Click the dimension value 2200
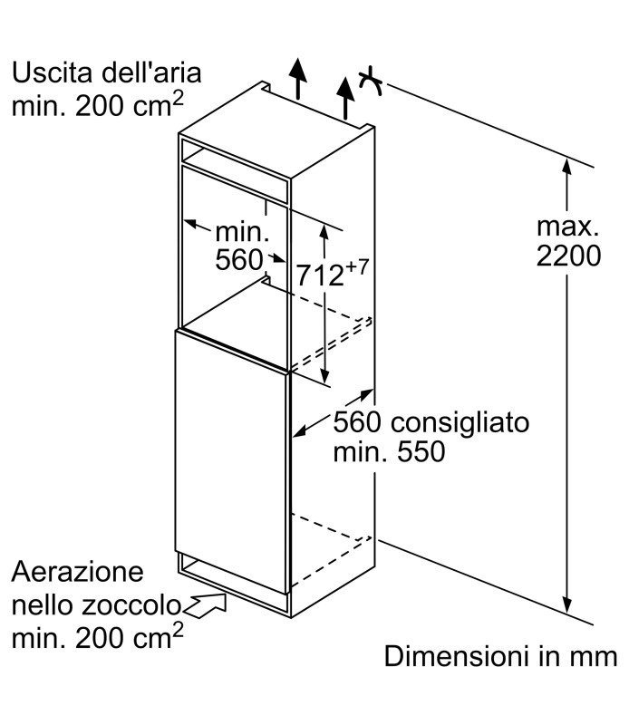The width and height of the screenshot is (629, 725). pos(568,256)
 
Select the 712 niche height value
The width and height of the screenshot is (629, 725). pos(320,275)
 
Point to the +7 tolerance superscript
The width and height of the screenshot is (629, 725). pos(356,266)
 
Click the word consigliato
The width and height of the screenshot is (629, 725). pos(460,422)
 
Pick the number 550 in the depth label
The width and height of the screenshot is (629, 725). pos(421,451)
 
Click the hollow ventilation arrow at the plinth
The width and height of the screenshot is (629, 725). pos(205,605)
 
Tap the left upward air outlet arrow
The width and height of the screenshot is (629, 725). pos(298,79)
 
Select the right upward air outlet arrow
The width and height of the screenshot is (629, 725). pos(345,98)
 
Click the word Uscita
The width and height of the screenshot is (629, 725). pos(52,73)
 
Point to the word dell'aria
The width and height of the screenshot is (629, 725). pos(151,73)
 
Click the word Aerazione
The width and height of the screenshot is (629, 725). pos(78,572)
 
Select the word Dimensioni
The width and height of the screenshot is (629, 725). pos(457,656)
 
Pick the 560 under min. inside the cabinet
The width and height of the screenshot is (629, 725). pos(239,260)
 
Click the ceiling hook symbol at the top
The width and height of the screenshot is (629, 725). pos(371,82)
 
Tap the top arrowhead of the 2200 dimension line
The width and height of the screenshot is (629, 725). pos(567,166)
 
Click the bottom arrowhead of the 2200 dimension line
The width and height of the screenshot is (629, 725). pos(567,604)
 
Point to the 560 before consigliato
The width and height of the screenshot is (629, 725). pos(357,421)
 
